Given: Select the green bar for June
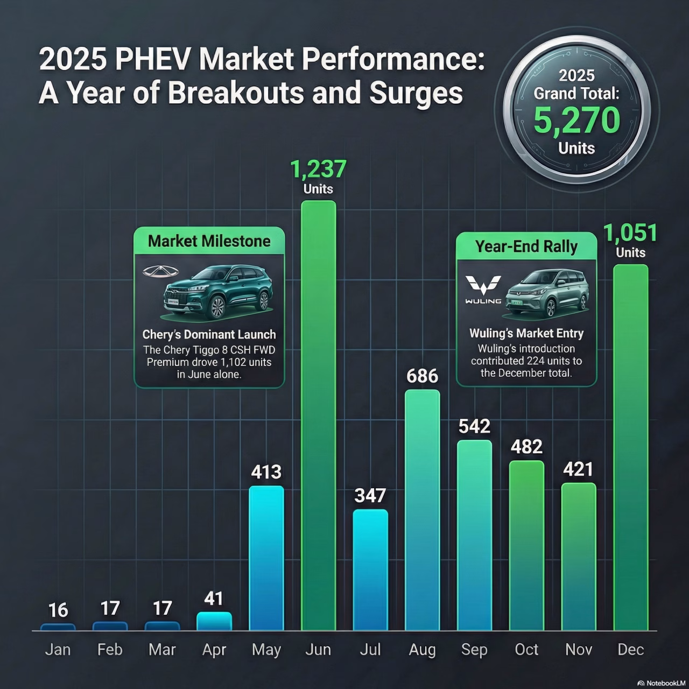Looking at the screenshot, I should tap(318, 414).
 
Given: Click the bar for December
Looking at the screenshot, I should tap(631, 447).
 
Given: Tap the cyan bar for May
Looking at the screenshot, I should tap(266, 557).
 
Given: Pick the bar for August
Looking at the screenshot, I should tap(422, 509).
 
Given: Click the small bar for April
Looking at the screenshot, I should tap(214, 621).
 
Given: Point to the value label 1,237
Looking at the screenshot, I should tap(318, 170).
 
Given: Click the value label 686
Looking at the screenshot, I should tap(422, 376).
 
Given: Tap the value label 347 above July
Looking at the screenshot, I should tap(370, 495).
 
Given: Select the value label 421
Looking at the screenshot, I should tap(578, 469).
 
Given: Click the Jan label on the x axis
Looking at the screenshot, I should tap(58, 650).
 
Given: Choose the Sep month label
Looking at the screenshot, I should tap(474, 650).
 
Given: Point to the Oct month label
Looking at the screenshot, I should tap(526, 650).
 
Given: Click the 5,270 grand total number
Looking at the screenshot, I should tap(576, 120).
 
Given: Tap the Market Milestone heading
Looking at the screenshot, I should tap(209, 241).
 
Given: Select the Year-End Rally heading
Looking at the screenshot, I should tap(526, 247).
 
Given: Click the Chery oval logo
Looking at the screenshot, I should tap(160, 272).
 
